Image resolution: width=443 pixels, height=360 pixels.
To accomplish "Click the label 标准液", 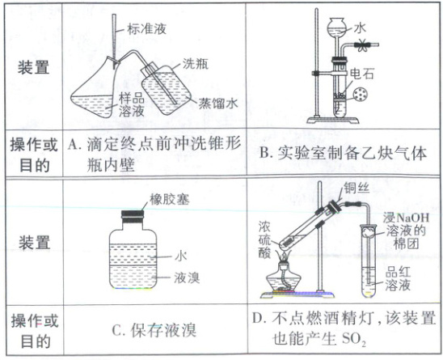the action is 147,29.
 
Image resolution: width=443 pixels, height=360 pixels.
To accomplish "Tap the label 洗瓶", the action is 196,63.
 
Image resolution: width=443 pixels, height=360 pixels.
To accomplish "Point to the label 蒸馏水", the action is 218,104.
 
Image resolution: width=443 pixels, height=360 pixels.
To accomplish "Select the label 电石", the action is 361,74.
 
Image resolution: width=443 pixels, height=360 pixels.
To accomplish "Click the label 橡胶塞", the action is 169,200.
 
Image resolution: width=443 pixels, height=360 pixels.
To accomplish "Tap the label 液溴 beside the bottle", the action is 187,277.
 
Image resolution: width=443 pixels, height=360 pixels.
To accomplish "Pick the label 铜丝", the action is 357,188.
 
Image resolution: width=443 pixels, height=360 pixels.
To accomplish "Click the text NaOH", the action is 413,218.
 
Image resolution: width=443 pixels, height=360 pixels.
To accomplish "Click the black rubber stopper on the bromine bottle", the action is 133,214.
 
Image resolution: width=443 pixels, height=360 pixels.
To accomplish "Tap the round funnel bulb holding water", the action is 336,28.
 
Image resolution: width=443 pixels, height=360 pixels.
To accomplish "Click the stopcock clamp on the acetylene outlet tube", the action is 362,44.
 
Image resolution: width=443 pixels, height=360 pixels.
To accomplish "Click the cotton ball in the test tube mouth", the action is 369,233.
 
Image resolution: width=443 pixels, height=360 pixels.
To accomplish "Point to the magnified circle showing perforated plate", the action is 361,94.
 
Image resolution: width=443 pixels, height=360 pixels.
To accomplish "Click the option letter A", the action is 73,145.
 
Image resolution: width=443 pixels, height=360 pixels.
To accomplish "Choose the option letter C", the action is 117,330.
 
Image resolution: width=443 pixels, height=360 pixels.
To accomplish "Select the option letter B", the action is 264,153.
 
